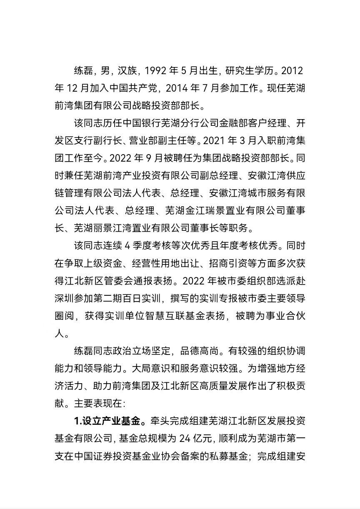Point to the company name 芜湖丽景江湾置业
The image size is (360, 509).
click(x=110, y=228)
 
